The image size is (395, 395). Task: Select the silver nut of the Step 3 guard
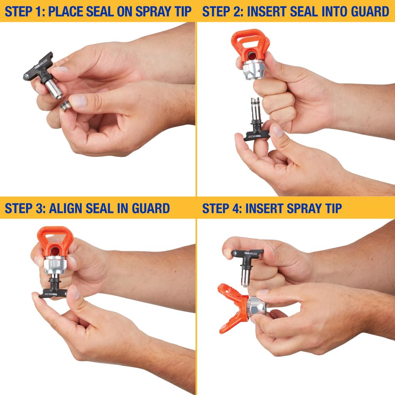pos(55,266)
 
